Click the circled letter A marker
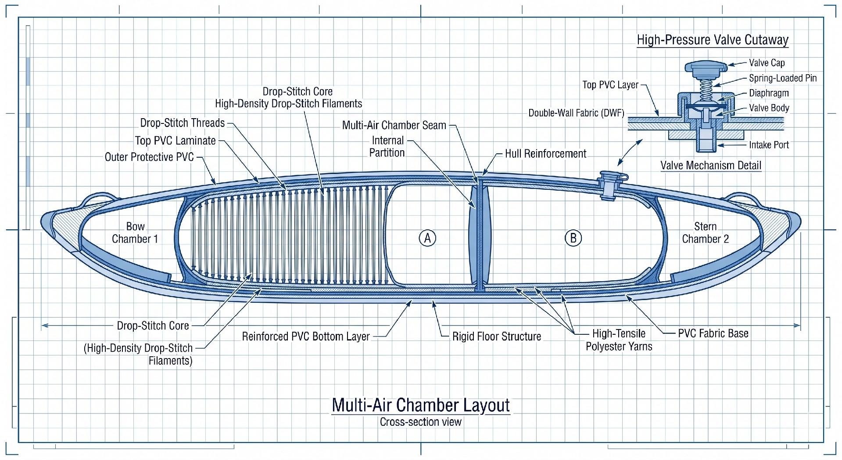coord(427,238)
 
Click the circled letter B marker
coord(573,238)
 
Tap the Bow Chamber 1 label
coord(135,233)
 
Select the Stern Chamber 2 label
coord(706,233)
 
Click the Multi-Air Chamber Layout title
coord(421,405)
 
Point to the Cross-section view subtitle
coord(421,422)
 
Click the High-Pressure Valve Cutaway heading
coord(713,40)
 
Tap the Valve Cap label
coord(767,63)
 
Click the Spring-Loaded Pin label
coord(783,78)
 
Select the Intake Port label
coord(769,145)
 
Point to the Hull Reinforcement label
coord(545,154)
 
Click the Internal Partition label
coord(387,147)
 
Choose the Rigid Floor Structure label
coord(497,337)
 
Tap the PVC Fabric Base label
coord(713,333)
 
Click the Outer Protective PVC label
coord(149,157)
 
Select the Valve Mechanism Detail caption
coord(711,166)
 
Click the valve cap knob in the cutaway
coord(706,68)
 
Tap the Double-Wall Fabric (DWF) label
coord(576,113)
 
